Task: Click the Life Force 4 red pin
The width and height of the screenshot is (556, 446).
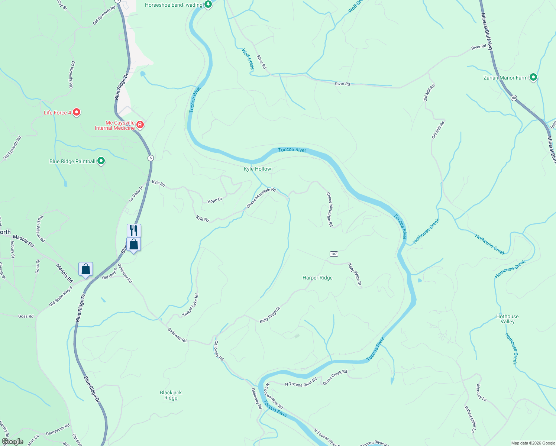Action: tap(77, 112)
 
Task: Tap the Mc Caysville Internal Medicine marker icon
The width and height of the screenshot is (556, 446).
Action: tap(140, 125)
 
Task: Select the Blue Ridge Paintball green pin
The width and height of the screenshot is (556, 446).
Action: tap(101, 161)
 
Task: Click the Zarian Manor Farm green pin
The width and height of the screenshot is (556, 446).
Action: tap(533, 77)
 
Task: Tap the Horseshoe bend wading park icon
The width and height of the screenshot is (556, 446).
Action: tap(208, 5)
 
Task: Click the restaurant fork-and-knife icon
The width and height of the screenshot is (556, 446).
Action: tap(134, 230)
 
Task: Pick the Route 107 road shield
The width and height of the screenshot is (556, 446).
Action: tap(334, 254)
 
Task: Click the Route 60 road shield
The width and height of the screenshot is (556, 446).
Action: tap(514, 98)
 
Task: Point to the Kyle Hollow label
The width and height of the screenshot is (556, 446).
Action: tap(258, 169)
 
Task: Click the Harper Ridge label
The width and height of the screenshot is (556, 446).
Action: tap(317, 278)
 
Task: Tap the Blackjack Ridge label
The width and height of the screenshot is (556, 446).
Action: tap(171, 395)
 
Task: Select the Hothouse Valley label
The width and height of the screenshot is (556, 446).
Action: tap(507, 319)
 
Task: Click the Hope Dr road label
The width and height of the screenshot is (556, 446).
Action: tap(215, 200)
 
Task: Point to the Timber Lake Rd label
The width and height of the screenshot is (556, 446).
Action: tap(191, 306)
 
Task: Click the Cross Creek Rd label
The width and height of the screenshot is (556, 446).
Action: tap(335, 377)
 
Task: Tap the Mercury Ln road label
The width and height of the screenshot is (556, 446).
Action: tap(481, 393)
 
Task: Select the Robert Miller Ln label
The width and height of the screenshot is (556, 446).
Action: tap(470, 419)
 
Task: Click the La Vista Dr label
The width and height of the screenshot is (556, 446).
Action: tap(136, 194)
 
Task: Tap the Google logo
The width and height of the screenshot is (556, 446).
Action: tap(13, 442)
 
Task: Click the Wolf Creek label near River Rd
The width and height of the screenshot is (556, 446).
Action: tap(248, 59)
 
